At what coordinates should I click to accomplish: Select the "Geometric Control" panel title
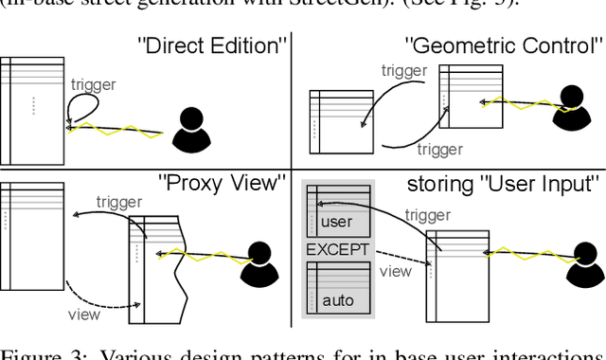point(504,45)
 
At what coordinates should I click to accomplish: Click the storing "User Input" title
point(504,183)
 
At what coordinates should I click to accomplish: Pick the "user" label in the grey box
point(336,223)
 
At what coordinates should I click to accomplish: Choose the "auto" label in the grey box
point(337,301)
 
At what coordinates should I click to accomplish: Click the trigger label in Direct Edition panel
point(94,84)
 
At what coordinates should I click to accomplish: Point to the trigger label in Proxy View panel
point(119,202)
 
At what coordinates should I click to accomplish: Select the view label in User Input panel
point(396,271)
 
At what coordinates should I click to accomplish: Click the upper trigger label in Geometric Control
point(403,70)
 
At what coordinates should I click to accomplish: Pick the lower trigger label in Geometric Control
point(440,149)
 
